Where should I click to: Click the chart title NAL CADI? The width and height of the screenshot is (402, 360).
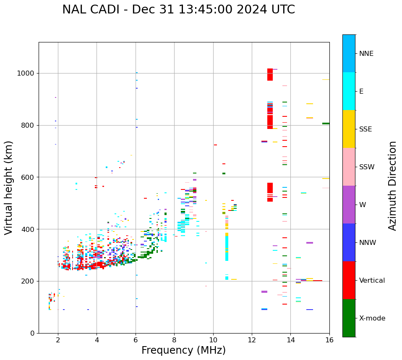(178, 10)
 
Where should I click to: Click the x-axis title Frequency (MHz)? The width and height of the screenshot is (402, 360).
(183, 350)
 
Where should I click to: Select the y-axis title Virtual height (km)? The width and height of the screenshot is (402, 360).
(9, 187)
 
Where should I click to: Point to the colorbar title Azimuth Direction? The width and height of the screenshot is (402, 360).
(392, 186)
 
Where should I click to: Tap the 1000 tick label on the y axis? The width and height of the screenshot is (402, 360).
(26, 74)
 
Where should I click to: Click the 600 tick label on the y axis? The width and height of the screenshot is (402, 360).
(28, 177)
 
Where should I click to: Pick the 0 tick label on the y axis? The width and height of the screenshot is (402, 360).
(33, 333)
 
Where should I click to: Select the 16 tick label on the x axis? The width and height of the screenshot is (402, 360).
(329, 340)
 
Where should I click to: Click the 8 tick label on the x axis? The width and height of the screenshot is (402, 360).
(174, 340)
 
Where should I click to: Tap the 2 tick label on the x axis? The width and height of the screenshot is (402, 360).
(58, 340)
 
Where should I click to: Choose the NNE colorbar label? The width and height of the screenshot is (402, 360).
(366, 54)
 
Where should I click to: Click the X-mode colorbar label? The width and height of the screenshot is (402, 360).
(372, 318)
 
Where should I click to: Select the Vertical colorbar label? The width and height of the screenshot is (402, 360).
(372, 281)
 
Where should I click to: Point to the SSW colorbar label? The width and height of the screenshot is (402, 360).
(367, 167)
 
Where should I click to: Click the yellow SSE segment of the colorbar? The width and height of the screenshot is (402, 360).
(349, 129)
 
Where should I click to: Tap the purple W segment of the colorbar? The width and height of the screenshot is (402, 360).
(349, 205)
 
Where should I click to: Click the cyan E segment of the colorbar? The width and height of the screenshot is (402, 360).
(349, 91)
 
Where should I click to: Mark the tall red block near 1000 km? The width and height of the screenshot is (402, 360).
(270, 75)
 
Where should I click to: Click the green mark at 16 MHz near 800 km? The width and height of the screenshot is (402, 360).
(326, 124)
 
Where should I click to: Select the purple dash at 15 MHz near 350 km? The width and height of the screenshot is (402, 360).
(310, 243)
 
